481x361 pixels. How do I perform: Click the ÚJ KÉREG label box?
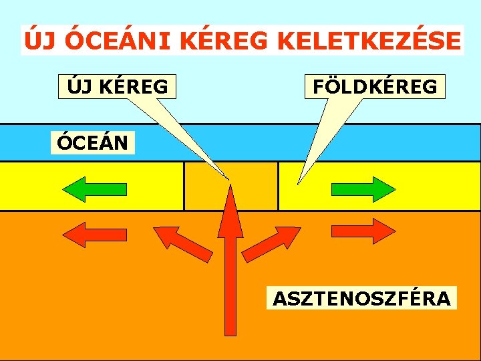coord(117,86)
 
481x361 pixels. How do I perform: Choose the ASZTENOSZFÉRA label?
coord(361,298)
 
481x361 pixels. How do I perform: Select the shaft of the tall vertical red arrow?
coord(230,287)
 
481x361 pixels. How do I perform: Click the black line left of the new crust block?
coord(184,186)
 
